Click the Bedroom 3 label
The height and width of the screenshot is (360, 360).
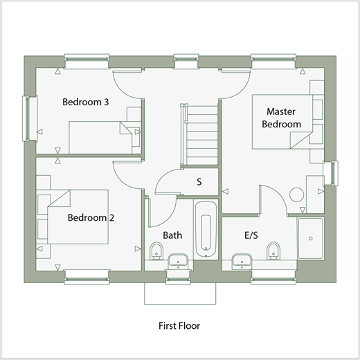(x=86, y=102)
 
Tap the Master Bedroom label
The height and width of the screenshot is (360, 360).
(x=281, y=118)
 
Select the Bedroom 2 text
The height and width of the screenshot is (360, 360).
(x=91, y=217)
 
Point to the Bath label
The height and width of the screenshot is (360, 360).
(x=172, y=235)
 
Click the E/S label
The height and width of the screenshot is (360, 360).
(x=251, y=235)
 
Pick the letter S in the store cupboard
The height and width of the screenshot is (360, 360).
(x=199, y=182)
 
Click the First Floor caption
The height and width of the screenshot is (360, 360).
(x=179, y=326)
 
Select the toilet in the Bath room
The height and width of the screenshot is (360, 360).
(x=156, y=251)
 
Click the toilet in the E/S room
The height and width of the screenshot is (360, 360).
(x=273, y=251)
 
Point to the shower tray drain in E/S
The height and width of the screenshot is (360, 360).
(x=311, y=238)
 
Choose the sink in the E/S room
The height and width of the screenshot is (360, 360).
(x=242, y=262)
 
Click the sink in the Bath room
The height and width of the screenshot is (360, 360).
(x=178, y=262)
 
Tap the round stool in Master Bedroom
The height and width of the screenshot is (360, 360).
(x=296, y=195)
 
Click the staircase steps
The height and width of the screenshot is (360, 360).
(x=202, y=135)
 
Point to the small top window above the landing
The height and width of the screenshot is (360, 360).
(x=186, y=62)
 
